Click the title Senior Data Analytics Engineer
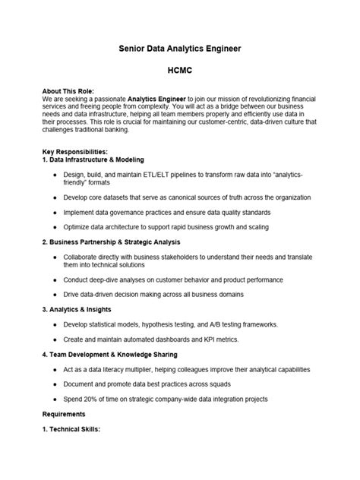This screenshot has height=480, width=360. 180,48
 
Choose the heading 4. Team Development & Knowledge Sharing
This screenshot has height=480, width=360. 110,354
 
